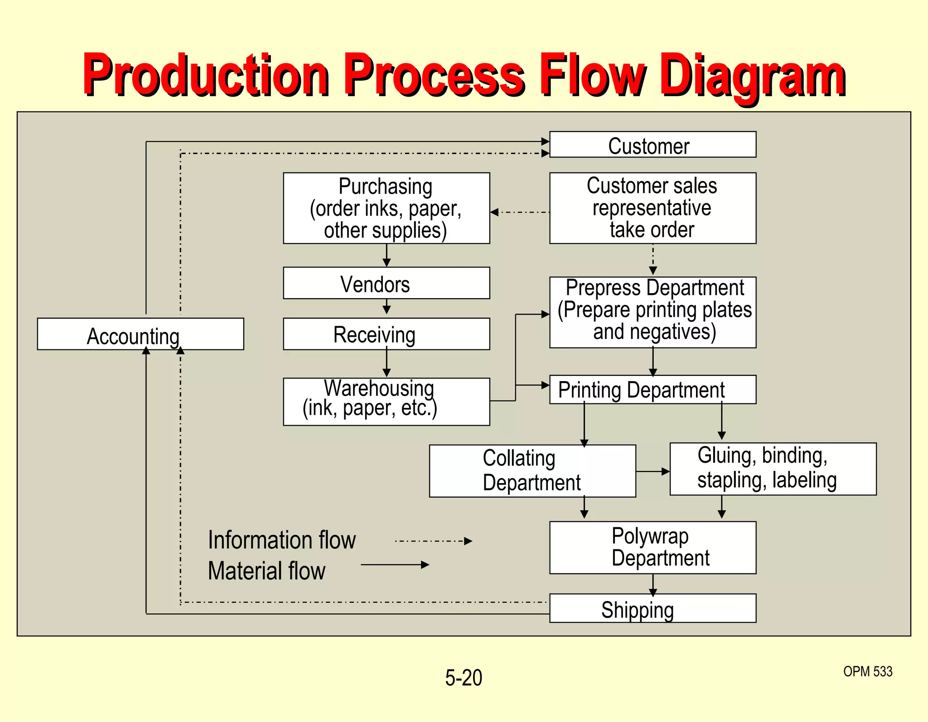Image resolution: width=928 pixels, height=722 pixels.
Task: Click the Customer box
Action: [x=652, y=145]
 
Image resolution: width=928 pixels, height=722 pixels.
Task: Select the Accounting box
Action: [x=140, y=334]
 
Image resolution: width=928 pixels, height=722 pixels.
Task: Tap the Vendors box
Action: [x=386, y=283]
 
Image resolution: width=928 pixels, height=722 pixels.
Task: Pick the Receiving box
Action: [x=386, y=334]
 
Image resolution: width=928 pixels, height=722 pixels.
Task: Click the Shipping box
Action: [x=652, y=608]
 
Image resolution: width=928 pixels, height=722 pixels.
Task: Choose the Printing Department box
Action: [x=652, y=390]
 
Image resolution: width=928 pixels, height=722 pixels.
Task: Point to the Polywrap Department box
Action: [x=652, y=548]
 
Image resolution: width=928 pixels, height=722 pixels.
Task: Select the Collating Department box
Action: [x=532, y=471]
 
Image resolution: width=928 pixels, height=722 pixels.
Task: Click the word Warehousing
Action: [x=379, y=388]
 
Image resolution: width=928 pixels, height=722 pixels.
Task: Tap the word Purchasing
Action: [x=386, y=186]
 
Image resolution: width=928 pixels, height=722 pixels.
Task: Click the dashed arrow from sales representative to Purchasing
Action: [x=520, y=212]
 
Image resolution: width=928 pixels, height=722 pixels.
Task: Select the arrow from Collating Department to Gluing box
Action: [x=652, y=471]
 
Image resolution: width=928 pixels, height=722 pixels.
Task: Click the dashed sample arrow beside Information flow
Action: [x=434, y=541]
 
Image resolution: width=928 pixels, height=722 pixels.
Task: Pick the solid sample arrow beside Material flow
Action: [x=395, y=565]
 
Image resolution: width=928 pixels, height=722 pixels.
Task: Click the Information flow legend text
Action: [x=282, y=540]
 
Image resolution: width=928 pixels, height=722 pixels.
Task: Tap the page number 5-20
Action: [x=464, y=678]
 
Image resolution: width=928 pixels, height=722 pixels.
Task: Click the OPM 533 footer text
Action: [x=867, y=671]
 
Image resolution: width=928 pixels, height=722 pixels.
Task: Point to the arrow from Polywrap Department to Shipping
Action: [x=653, y=584]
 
